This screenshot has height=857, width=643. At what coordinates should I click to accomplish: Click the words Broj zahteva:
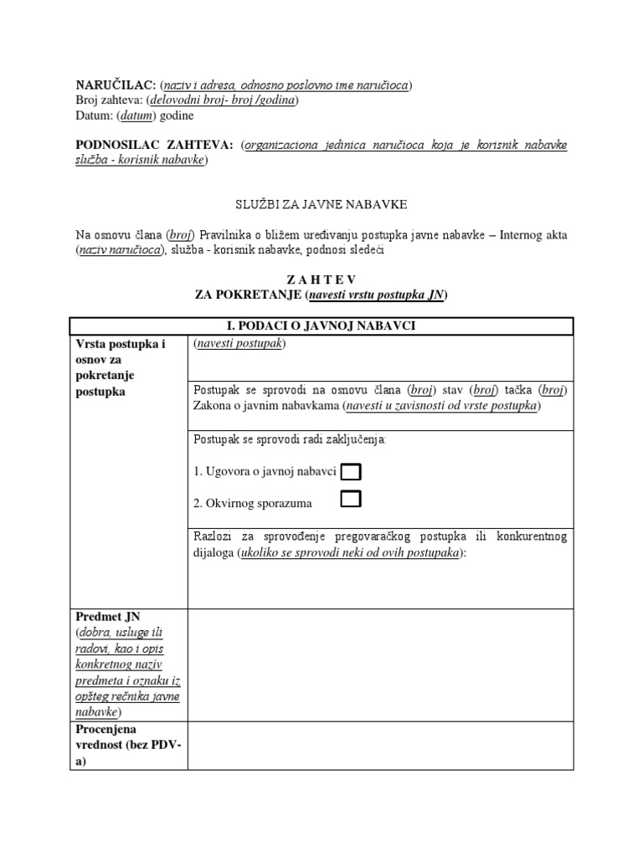pyautogui.click(x=106, y=100)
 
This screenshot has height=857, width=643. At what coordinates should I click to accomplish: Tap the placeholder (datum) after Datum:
pyautogui.click(x=135, y=115)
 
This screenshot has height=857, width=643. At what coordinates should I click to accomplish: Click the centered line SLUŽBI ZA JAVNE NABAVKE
pyautogui.click(x=321, y=205)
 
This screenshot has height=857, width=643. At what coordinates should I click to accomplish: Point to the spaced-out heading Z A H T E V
pyautogui.click(x=321, y=280)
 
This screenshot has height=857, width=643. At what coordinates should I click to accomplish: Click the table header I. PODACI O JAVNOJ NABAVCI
pyautogui.click(x=321, y=326)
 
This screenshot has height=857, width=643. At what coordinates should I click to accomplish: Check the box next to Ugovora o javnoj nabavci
pyautogui.click(x=351, y=472)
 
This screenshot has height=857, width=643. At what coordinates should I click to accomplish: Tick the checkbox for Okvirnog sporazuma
pyautogui.click(x=351, y=500)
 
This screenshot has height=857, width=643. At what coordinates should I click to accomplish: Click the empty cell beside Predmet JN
pyautogui.click(x=380, y=665)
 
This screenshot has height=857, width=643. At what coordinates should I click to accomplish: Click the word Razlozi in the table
pyautogui.click(x=212, y=537)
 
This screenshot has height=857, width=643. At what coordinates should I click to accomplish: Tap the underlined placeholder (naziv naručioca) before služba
pyautogui.click(x=120, y=250)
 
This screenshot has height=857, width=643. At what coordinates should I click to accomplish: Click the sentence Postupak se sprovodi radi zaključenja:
pyautogui.click(x=290, y=440)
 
